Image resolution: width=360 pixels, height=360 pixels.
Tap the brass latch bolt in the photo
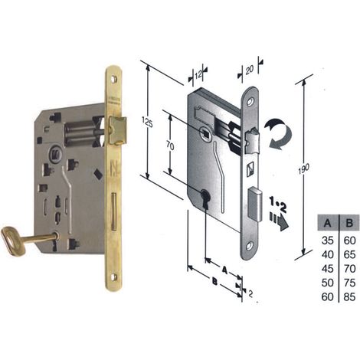pyautogui.click(x=117, y=130)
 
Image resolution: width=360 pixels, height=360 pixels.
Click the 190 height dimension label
pyautogui.click(x=303, y=169)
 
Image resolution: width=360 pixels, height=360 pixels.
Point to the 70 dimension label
pyautogui.click(x=170, y=146)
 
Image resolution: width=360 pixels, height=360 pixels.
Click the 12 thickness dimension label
pyautogui.click(x=198, y=74)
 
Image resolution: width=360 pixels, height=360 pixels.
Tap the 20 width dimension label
pyautogui.click(x=249, y=69)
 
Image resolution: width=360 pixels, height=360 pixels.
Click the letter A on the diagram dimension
pyautogui.click(x=224, y=270)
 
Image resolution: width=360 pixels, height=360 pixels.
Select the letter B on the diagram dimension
pyautogui.click(x=215, y=282)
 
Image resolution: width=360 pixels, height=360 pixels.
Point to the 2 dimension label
pyautogui.click(x=250, y=294)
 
